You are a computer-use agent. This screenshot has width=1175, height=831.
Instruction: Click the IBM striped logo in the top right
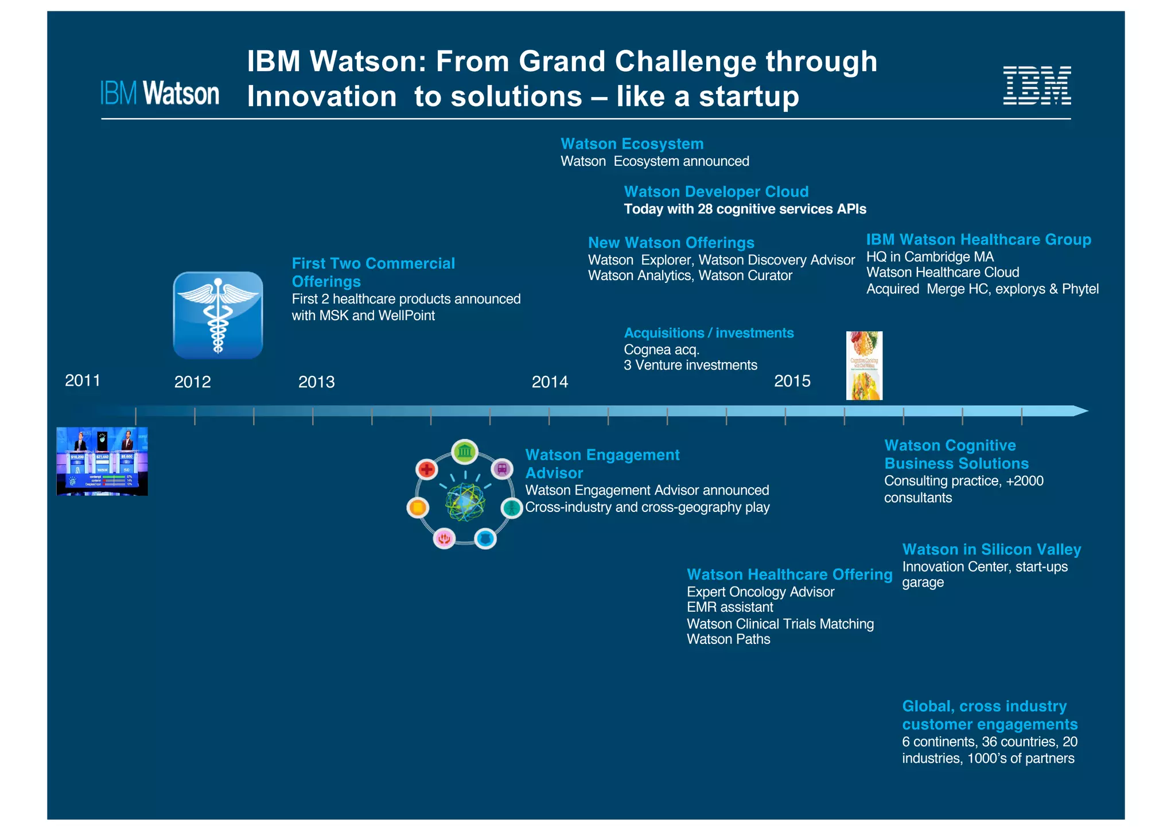pos(1036,86)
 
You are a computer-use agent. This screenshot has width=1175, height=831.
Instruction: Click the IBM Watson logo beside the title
pos(159,94)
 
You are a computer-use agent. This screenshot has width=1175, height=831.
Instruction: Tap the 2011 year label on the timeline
pos(83,380)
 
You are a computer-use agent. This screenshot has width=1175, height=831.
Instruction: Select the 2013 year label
pos(316,382)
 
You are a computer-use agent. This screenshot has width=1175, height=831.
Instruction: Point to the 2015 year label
pos(792,381)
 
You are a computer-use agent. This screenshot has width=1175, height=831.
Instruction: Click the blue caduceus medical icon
pos(218,316)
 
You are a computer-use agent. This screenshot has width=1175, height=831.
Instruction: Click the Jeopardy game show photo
pos(102,461)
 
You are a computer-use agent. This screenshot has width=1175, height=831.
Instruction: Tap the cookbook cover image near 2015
pos(864,366)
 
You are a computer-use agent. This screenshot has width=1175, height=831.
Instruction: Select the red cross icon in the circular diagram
pos(426,469)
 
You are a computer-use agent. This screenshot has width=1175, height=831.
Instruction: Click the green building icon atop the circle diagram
pos(465,452)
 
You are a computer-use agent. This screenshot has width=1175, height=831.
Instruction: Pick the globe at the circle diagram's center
pos(465,502)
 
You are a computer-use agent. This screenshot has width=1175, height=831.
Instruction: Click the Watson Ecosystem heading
pos(632,144)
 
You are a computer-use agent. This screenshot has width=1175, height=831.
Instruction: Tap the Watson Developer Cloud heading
pos(716,192)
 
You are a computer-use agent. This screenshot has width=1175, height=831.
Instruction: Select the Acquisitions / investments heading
pos(709,333)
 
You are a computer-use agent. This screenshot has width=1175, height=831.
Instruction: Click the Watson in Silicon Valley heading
pos(991,550)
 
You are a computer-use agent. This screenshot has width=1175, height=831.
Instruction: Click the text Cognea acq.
pos(661,350)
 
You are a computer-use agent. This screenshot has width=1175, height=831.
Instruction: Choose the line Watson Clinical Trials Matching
pos(780,624)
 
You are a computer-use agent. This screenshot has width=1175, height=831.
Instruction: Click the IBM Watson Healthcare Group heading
pos(978,240)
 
